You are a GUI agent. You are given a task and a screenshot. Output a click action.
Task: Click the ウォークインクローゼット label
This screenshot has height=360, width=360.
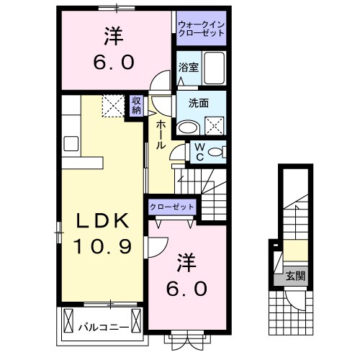point(202,30)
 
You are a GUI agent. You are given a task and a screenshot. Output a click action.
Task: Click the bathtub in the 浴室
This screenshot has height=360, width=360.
point(214,67)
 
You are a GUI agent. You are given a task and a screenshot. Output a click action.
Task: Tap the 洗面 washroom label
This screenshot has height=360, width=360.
point(199,103)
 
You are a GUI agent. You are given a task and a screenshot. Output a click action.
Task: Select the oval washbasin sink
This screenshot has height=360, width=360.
point(189,128)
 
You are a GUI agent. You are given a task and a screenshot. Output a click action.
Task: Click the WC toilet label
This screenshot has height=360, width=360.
point(201,151)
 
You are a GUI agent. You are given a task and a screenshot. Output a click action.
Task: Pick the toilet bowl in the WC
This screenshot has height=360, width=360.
point(219,152)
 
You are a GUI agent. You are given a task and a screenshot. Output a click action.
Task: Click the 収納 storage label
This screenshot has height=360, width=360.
point(137,105)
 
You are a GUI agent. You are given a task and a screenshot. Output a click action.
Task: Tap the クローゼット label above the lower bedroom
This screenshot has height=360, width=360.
point(173,207)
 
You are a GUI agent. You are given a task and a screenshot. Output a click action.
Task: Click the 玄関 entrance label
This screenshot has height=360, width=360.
point(294,274)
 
